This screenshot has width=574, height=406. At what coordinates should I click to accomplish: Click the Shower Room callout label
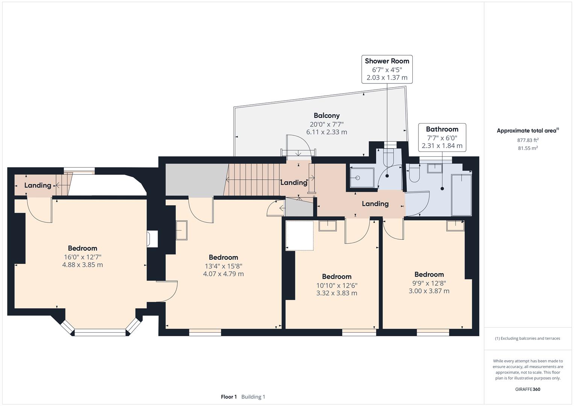tap(387, 61)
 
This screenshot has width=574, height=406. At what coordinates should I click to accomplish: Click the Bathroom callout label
tap(442, 129)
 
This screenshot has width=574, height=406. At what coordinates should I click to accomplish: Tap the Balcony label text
tap(326, 115)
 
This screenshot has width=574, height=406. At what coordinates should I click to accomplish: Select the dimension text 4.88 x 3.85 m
tap(82, 265)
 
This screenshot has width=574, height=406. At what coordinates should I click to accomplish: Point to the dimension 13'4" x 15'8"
tap(223, 266)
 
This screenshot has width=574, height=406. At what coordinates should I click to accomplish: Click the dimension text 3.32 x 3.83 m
tap(336, 293)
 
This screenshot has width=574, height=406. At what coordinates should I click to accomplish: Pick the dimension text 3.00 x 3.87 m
tap(429, 291)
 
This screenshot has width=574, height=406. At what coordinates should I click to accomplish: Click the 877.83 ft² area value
tap(528, 140)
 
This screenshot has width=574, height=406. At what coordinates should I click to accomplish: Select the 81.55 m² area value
tap(528, 148)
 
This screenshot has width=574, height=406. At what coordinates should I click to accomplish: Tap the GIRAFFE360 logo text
tap(528, 389)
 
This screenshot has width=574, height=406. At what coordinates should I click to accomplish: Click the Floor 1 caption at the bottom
tap(229, 397)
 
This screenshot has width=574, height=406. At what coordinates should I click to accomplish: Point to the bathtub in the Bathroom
tap(461, 195)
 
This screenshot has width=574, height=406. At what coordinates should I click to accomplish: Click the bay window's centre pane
tap(100, 332)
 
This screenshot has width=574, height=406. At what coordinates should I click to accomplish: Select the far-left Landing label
tap(38, 185)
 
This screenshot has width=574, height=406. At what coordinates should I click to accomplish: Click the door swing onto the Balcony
tap(299, 145)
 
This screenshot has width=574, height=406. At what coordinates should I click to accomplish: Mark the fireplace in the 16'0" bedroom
tap(152, 239)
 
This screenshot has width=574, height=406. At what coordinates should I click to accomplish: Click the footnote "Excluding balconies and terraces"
tap(527, 338)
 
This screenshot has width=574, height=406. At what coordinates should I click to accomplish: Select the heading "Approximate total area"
tap(526, 131)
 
